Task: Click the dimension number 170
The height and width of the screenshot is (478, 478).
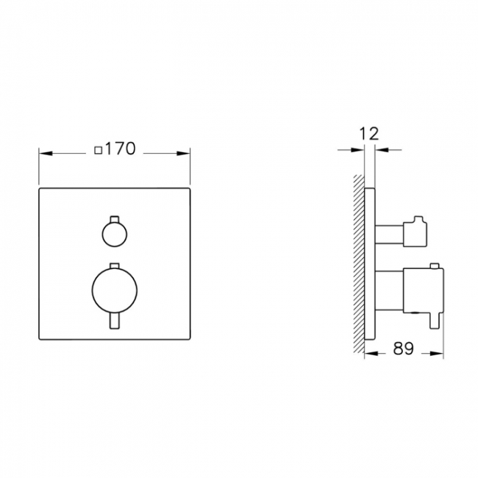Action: coord(120,149)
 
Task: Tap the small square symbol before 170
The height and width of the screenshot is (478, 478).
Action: coord(99,150)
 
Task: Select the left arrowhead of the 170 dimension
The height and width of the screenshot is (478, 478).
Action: coord(43,154)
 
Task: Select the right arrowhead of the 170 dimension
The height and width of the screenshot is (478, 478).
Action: coord(186,154)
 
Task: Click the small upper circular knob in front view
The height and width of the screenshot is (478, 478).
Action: coord(114,235)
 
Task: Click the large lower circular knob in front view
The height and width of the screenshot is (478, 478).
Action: coord(114,288)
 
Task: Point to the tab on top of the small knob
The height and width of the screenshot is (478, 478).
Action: coord(114,219)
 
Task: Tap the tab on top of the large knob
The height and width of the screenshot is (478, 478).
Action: coord(114,265)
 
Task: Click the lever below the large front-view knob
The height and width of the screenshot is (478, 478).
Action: coord(114,322)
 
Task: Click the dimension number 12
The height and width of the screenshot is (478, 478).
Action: coord(369,133)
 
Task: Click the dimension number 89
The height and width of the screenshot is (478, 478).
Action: coord(403,349)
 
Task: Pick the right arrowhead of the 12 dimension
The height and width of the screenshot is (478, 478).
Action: coord(380,150)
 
